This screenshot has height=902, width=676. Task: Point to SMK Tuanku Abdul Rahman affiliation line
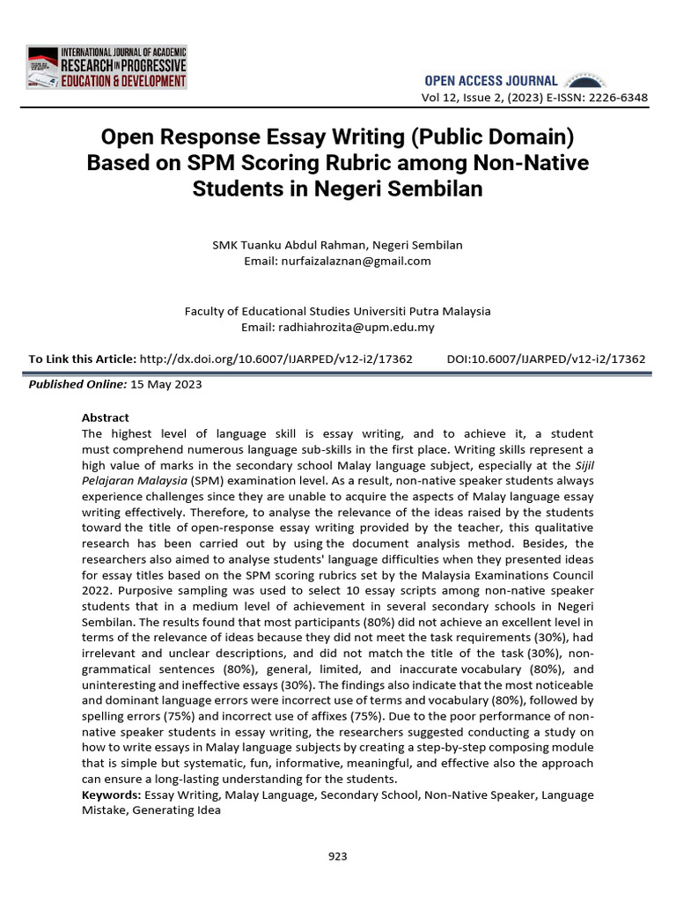click(x=337, y=245)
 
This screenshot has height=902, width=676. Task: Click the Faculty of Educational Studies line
click(x=337, y=311)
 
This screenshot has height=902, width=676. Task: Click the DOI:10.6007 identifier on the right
click(x=546, y=359)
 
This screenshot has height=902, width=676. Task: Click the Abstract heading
click(x=105, y=418)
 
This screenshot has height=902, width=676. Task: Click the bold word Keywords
click(x=111, y=795)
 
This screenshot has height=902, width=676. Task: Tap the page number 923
click(x=337, y=855)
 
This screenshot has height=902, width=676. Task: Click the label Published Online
click(x=77, y=385)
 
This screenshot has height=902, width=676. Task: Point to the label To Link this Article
click(x=82, y=359)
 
